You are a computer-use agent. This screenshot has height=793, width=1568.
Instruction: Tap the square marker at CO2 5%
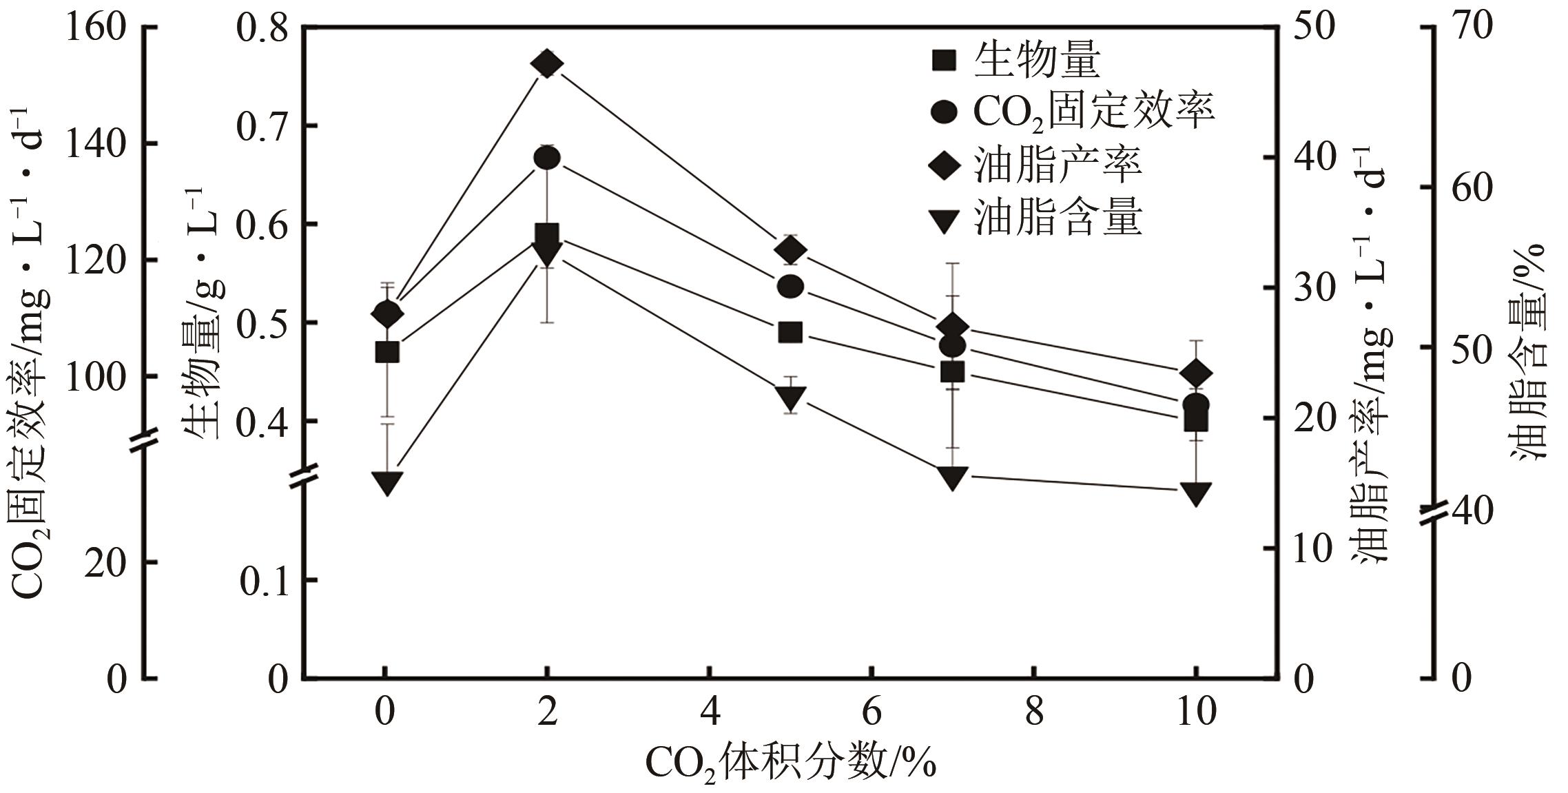[790, 333]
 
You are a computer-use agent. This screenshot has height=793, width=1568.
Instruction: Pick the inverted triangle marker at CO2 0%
[386, 482]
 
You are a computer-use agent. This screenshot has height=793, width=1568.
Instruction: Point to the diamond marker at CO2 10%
[1196, 373]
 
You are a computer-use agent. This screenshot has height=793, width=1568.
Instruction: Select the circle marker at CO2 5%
[790, 287]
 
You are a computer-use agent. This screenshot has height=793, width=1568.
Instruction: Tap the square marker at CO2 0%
[386, 353]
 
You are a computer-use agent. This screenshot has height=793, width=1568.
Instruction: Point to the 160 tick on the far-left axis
[96, 28]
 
